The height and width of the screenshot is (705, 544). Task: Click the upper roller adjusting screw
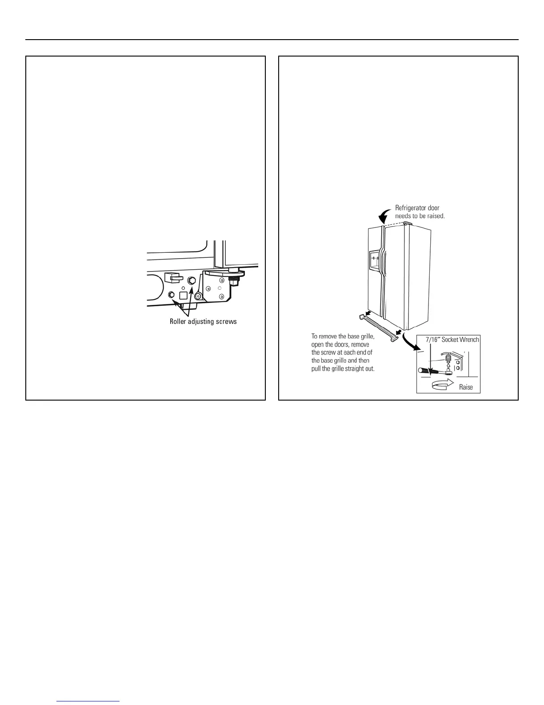192,280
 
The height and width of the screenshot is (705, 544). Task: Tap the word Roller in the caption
178,321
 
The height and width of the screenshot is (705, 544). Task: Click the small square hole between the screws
182,295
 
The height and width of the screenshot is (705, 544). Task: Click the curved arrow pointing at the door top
383,217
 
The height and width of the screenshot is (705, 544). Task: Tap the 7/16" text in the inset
428,340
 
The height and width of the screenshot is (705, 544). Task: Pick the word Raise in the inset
466,387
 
